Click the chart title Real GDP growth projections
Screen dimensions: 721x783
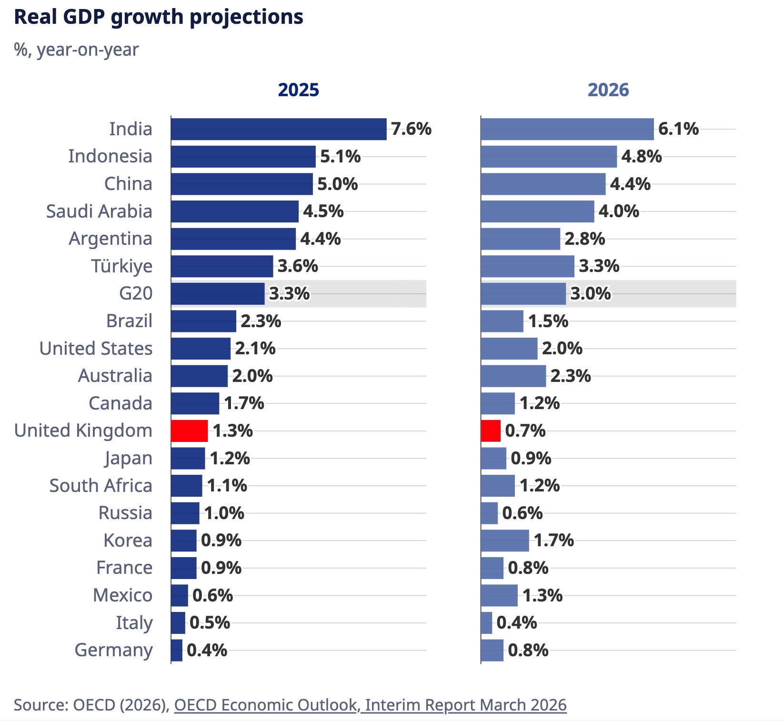click(x=158, y=17)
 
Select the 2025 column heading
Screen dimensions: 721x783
click(x=298, y=90)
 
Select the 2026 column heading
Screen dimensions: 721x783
click(x=608, y=90)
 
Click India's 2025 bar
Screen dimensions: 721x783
click(x=279, y=129)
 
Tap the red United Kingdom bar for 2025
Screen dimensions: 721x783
click(x=189, y=431)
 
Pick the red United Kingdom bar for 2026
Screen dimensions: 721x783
click(x=491, y=431)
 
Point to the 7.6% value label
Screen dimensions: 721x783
click(x=411, y=129)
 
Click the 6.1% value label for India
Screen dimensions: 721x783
click(x=678, y=129)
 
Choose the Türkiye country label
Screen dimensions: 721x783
click(x=122, y=266)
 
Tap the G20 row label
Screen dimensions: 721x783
click(x=136, y=293)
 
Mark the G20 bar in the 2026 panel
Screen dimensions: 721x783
click(x=523, y=293)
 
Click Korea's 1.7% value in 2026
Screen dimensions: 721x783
click(x=553, y=541)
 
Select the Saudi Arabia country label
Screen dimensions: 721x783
click(x=99, y=211)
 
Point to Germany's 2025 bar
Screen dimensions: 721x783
click(x=177, y=651)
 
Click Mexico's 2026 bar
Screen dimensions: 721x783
click(x=499, y=595)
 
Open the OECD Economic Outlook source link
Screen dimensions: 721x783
click(x=370, y=705)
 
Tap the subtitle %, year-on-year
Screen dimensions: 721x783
click(x=76, y=50)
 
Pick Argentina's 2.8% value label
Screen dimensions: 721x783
click(x=584, y=239)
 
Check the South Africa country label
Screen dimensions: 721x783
click(x=101, y=486)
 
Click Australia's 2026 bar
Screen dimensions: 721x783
click(x=513, y=376)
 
